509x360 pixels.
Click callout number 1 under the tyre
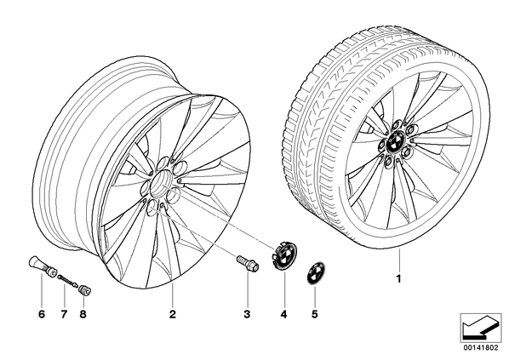point(399,279)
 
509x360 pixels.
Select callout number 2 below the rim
point(173,314)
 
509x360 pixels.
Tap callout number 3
point(247,314)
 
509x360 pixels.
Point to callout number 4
point(284,314)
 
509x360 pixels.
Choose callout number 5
point(314,314)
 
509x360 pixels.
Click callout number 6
point(42,314)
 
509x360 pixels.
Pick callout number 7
point(64,314)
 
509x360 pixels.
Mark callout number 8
point(83,314)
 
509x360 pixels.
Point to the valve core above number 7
point(67,281)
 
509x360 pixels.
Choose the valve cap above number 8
point(85,290)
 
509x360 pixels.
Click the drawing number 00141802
point(481,348)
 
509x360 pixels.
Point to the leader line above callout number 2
point(173,294)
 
